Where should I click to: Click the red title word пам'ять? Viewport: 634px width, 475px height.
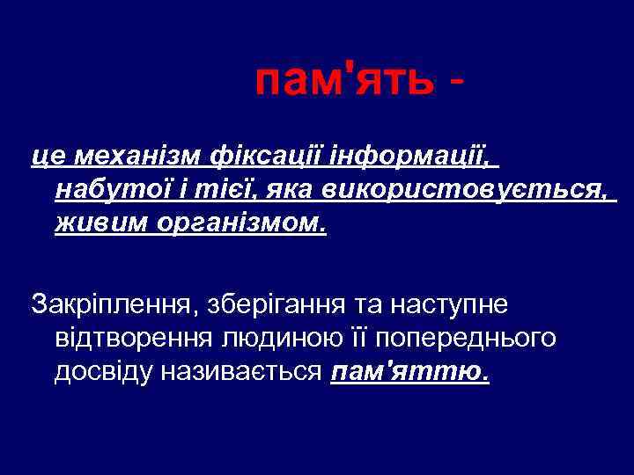[x=344, y=82]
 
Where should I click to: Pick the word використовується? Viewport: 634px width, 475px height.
[x=465, y=190]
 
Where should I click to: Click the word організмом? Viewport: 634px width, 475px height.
[x=241, y=223]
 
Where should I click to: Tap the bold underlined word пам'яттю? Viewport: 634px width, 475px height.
[x=410, y=371]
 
